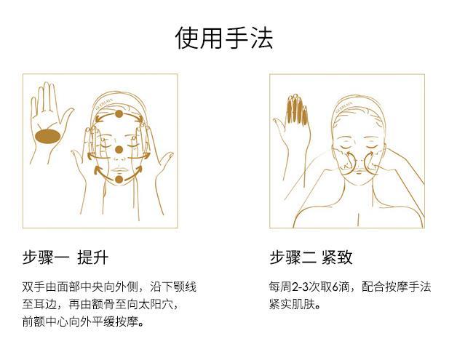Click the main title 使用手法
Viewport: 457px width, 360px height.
pyautogui.click(x=224, y=38)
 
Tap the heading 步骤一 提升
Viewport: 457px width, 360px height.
pyautogui.click(x=65, y=257)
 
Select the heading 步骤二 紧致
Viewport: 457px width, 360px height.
pyautogui.click(x=311, y=257)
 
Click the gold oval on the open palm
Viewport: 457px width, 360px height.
pyautogui.click(x=48, y=136)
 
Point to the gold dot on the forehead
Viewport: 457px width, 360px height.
pyautogui.click(x=119, y=114)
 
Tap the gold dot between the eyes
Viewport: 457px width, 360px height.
pyautogui.click(x=119, y=150)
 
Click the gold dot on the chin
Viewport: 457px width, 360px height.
pyautogui.click(x=119, y=180)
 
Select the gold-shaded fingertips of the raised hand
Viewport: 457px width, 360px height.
pyautogui.click(x=297, y=108)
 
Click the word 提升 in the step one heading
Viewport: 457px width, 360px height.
pyautogui.click(x=93, y=257)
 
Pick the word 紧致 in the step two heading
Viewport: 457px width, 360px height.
pyautogui.click(x=337, y=257)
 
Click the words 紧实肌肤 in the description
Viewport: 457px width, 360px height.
pyautogui.click(x=292, y=305)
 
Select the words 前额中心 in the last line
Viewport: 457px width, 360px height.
pyautogui.click(x=45, y=322)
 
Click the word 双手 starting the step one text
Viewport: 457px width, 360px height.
pyautogui.click(x=33, y=287)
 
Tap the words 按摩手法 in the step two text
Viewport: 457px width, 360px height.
pyautogui.click(x=408, y=287)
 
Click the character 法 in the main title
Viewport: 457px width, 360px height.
pyautogui.click(x=262, y=38)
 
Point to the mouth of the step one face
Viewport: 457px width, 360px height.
pyautogui.click(x=119, y=170)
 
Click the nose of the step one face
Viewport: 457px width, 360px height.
pyautogui.click(x=119, y=159)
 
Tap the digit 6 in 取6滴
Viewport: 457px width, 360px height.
pyautogui.click(x=335, y=287)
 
